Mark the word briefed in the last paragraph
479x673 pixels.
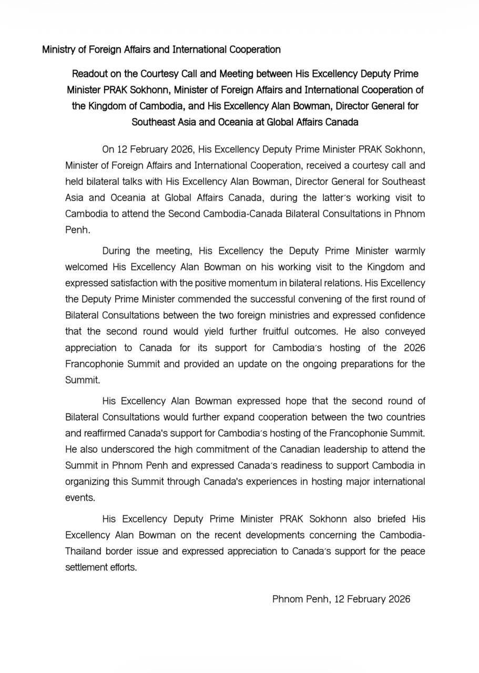click(387, 519)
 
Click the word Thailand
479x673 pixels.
click(85, 552)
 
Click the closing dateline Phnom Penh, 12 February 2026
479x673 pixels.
click(341, 599)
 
